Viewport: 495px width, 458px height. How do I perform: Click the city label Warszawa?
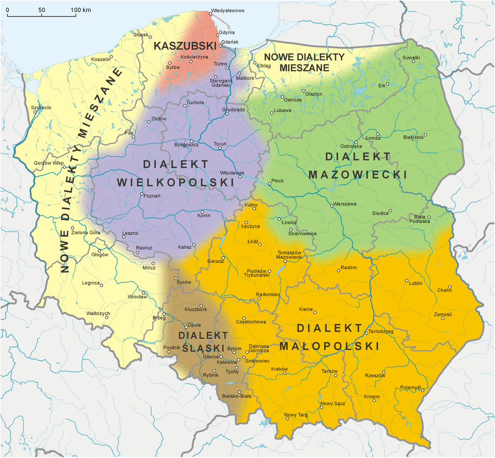[x=345, y=204]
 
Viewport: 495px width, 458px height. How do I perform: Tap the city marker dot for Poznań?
[x=142, y=194]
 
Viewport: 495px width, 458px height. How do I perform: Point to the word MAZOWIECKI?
[x=358, y=175]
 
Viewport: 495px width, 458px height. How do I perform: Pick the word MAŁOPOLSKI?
[x=329, y=346]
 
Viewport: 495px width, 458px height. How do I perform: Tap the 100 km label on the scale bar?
[x=80, y=10]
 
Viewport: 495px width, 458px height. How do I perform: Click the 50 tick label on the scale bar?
[x=42, y=10]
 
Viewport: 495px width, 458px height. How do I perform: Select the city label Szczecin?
[x=41, y=108]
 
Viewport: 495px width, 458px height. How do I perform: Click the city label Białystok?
[x=413, y=137]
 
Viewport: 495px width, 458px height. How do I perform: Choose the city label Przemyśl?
[x=411, y=387]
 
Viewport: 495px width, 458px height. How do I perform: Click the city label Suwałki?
[x=411, y=57]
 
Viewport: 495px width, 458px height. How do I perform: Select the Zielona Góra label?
[x=86, y=233]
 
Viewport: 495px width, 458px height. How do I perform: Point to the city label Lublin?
[x=415, y=283]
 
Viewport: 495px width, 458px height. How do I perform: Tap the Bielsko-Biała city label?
[x=236, y=396]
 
